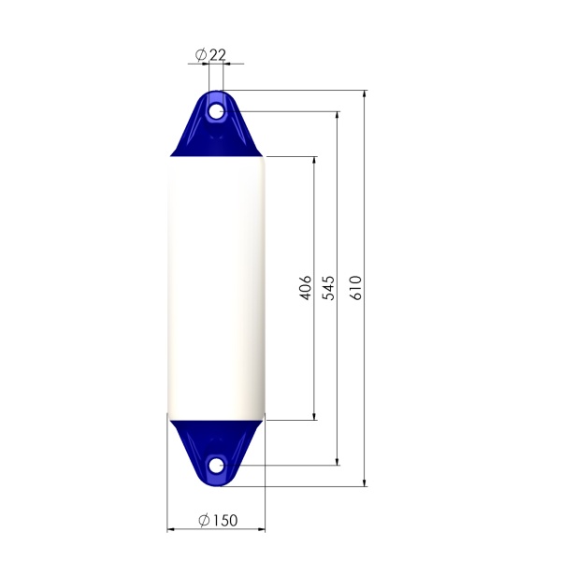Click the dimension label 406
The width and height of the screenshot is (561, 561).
tap(305, 288)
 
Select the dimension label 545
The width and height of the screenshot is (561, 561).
tap(329, 288)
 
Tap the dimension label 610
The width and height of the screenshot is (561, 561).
tap(355, 288)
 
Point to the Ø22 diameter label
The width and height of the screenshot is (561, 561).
tap(210, 55)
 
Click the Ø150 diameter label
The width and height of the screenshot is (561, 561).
tap(218, 520)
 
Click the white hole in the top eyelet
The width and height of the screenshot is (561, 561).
tap(216, 111)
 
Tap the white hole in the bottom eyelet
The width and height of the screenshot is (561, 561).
tap(216, 466)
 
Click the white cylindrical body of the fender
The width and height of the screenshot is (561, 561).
tap(217, 288)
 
